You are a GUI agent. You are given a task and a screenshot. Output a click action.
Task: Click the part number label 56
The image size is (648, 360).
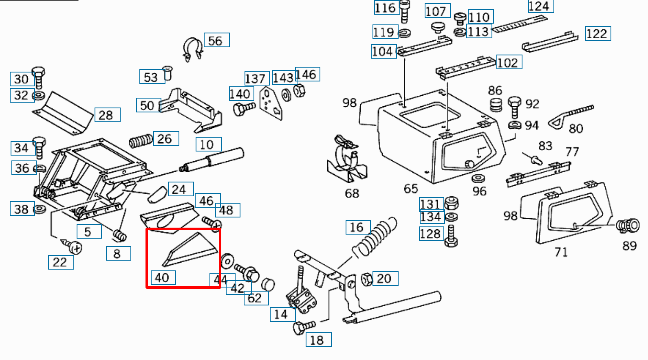point(216,40)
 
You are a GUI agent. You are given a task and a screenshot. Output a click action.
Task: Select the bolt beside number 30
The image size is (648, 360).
point(38,77)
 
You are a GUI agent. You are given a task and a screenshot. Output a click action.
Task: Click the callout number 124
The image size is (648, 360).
point(540,7)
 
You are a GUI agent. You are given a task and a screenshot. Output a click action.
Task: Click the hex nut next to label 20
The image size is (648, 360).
point(366,279)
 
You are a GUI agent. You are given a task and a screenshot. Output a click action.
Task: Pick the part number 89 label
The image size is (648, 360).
point(629,246)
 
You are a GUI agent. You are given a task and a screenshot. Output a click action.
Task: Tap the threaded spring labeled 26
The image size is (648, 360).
point(141,141)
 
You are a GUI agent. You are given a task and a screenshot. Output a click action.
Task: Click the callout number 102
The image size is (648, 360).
point(509,63)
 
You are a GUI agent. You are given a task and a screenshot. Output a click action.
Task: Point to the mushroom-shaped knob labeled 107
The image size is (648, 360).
point(437,28)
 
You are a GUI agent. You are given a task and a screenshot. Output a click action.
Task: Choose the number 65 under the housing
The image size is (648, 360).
point(411,189)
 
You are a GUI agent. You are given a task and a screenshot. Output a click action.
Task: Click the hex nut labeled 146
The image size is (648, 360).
point(300,90)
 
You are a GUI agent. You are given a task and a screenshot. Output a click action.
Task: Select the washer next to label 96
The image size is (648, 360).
point(478,178)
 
